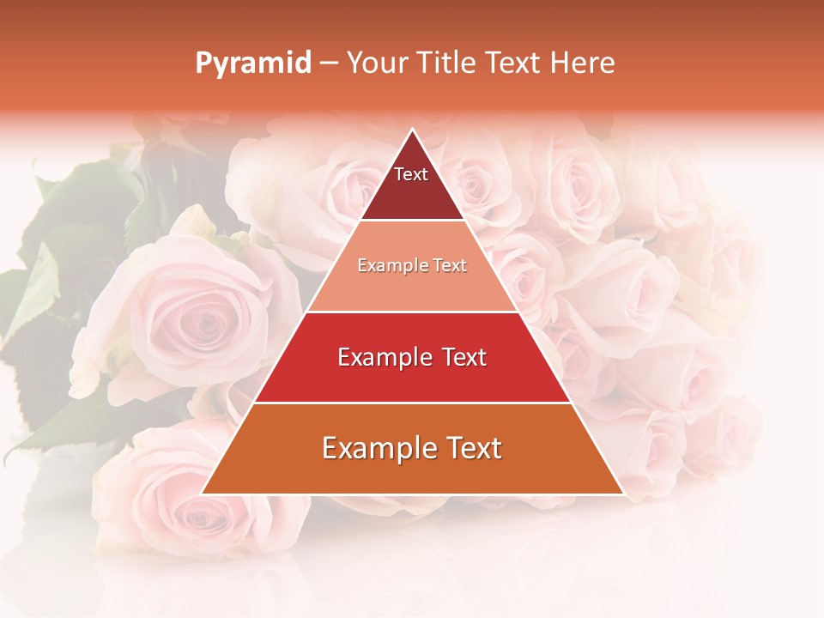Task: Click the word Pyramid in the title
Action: coord(252,64)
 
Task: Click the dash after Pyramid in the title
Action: coord(327,64)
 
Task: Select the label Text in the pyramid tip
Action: coord(411,174)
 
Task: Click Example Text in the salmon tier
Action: coord(412,265)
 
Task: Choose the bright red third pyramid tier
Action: coord(412,378)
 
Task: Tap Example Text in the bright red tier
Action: coord(412,357)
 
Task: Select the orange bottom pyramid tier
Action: coord(412,472)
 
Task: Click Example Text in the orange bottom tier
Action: coord(412,448)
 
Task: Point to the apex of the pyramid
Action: coord(412,130)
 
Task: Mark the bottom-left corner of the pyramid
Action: coord(203,494)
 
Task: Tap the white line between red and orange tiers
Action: coord(412,403)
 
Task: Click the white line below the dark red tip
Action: coord(412,221)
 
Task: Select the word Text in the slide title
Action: coord(512,64)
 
